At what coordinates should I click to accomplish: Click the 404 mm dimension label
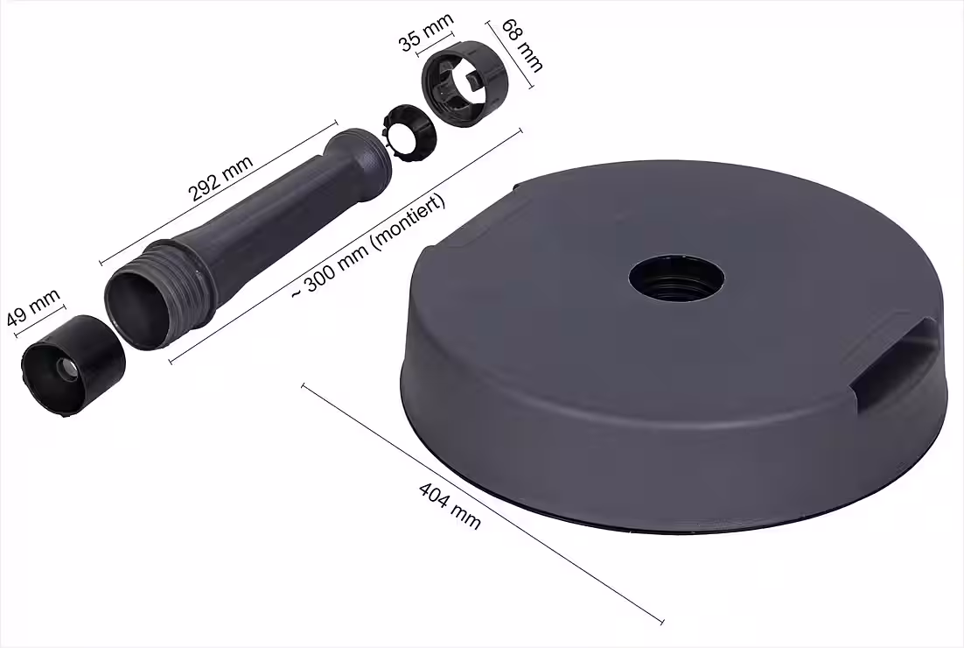(x=450, y=506)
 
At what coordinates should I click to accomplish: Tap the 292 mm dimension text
(x=220, y=179)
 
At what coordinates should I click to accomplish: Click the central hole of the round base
(x=677, y=278)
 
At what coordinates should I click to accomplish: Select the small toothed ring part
(x=409, y=133)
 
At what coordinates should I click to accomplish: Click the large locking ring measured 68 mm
(x=465, y=84)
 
